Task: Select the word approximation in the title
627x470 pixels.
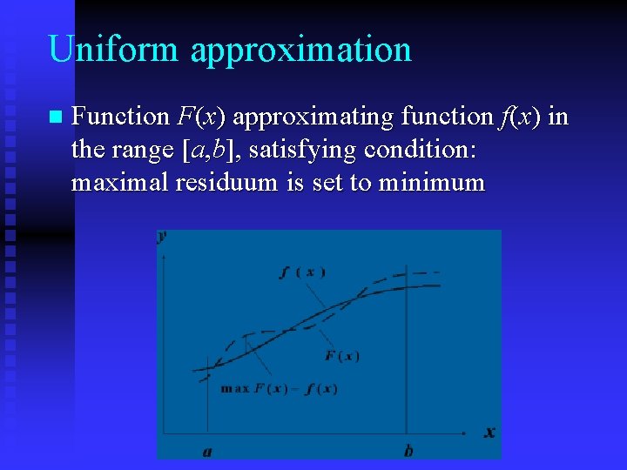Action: (x=300, y=50)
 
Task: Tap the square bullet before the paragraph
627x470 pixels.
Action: (x=55, y=116)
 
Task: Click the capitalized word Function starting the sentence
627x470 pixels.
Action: (x=120, y=116)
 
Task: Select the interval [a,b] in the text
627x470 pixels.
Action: (x=210, y=150)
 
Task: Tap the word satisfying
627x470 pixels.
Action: (x=302, y=150)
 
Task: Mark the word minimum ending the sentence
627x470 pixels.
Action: (x=431, y=183)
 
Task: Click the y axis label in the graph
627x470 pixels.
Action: (x=163, y=237)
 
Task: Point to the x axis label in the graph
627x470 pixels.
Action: (x=489, y=432)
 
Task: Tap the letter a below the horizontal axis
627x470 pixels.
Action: (x=207, y=451)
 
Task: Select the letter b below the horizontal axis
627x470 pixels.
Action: (x=408, y=451)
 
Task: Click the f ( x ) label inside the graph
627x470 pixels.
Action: (x=302, y=272)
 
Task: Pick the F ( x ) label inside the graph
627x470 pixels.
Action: (x=341, y=356)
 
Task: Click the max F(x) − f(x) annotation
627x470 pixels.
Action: (x=279, y=389)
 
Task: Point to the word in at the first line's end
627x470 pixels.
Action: (x=558, y=116)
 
